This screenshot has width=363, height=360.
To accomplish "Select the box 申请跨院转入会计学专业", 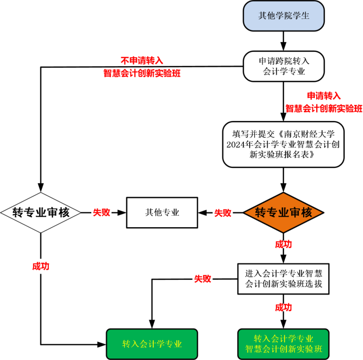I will click(284, 66).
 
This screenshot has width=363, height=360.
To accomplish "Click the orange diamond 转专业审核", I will click(284, 213).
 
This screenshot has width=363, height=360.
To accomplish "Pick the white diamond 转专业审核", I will click(41, 213).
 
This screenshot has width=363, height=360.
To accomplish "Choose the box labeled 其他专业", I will click(162, 213).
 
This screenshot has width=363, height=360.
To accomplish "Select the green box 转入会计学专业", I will click(152, 344).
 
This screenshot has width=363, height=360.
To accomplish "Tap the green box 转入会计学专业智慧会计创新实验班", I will click(284, 344).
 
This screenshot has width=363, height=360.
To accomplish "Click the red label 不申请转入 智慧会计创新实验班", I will click(142, 67).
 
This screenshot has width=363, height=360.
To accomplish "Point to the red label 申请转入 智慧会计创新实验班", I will click(324, 102).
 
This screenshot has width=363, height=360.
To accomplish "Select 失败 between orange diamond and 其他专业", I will click(223, 213).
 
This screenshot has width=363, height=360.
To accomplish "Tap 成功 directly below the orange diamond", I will click(284, 245).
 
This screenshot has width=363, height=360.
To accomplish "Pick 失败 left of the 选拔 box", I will click(202, 279).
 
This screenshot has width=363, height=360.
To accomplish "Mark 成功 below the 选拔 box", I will click(284, 307).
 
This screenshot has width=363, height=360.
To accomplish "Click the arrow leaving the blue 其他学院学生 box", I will click(284, 39).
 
